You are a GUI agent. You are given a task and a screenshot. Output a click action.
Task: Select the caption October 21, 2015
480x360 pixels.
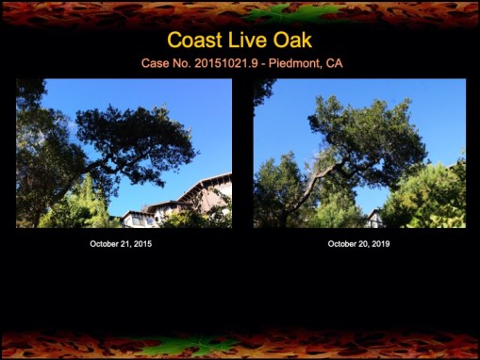pos(121,244)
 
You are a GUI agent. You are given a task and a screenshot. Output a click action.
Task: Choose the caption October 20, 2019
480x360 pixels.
pos(358,244)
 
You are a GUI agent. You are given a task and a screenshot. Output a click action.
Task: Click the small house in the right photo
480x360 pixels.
pos(375,219)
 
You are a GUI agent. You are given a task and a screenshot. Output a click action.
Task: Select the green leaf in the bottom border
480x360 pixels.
pos(179,346)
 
